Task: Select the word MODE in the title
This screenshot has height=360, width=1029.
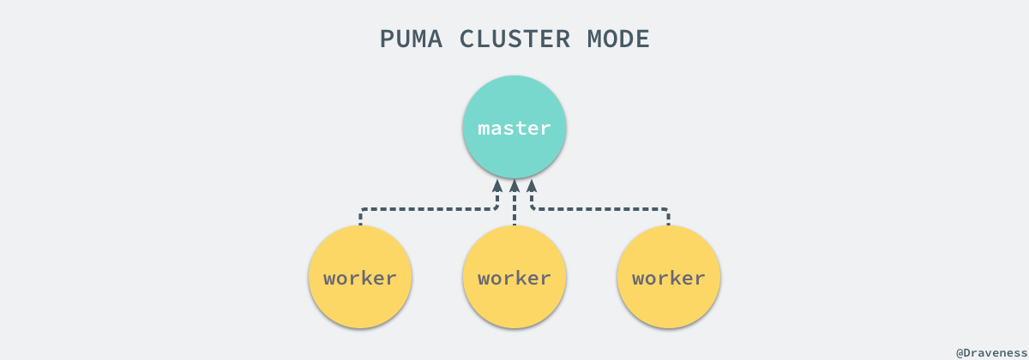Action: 617,39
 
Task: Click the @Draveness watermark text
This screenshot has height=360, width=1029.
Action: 990,352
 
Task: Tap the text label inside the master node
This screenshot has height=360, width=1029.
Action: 514,129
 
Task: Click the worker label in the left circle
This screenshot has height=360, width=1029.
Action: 360,279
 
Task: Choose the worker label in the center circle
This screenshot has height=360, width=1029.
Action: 514,279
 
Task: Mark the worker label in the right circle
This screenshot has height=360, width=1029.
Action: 668,279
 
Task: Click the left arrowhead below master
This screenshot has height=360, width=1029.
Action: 496,185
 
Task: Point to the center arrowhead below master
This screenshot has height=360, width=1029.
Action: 514,185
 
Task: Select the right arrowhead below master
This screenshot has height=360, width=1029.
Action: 532,185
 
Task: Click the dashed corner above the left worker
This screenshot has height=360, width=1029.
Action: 362,209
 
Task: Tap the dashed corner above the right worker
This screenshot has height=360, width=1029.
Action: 666,209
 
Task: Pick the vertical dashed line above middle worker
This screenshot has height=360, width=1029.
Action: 514,210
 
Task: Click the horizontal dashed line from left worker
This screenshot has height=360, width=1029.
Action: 429,208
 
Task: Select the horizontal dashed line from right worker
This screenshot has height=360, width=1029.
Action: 600,208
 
